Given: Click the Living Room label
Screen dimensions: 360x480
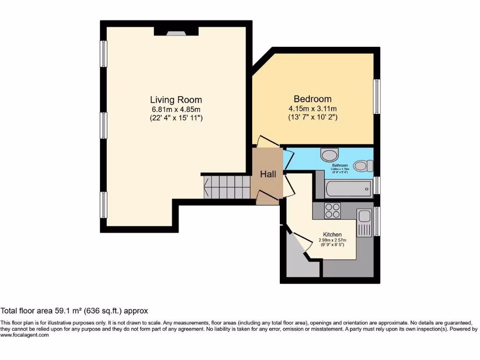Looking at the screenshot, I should (176, 100).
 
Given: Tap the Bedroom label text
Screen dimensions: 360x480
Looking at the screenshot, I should (312, 99).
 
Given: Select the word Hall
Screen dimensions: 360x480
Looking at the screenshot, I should (268, 174).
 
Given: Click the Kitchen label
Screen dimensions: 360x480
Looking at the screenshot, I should (332, 234).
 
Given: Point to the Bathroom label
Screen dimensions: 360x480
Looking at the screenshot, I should (340, 165).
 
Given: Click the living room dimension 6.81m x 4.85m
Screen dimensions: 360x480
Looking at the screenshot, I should (176, 109).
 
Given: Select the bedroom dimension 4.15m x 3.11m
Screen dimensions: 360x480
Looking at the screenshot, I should (312, 109).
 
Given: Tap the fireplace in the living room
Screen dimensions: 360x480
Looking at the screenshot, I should (177, 32).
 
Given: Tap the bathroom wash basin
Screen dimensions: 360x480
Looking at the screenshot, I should (330, 154).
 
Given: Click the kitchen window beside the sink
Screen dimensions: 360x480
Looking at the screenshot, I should (377, 221).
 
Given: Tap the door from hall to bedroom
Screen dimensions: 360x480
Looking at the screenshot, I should (266, 140).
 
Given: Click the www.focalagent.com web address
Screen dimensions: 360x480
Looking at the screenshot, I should (24, 335).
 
